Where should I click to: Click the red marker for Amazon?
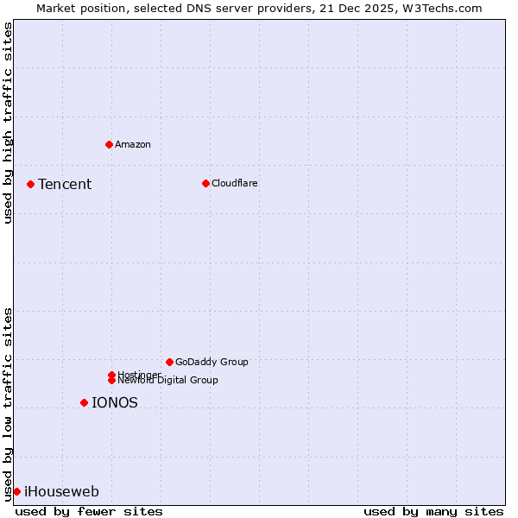pyautogui.click(x=109, y=144)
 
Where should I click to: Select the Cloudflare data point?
pyautogui.click(x=205, y=183)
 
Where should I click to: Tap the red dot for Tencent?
pyautogui.click(x=30, y=184)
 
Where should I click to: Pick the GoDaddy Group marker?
pyautogui.click(x=169, y=362)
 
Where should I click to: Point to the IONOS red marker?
pyautogui.click(x=84, y=402)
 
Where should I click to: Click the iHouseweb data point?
pyautogui.click(x=16, y=491)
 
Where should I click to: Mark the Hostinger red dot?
pyautogui.click(x=111, y=375)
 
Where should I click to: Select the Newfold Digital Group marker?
pyautogui.click(x=111, y=380)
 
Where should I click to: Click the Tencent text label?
pyautogui.click(x=65, y=184)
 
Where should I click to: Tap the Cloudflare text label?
pyautogui.click(x=235, y=183)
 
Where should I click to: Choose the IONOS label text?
pyautogui.click(x=115, y=402)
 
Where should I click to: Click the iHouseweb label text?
pyautogui.click(x=61, y=491)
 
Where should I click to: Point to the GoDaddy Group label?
pyautogui.click(x=212, y=362)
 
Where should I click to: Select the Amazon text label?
pyautogui.click(x=133, y=144)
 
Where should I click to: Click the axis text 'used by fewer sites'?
pyautogui.click(x=89, y=511)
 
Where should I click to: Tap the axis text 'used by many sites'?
pyautogui.click(x=433, y=511)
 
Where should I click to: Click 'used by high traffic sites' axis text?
pyautogui.click(x=8, y=123)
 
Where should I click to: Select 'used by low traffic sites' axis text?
pyautogui.click(x=8, y=404)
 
